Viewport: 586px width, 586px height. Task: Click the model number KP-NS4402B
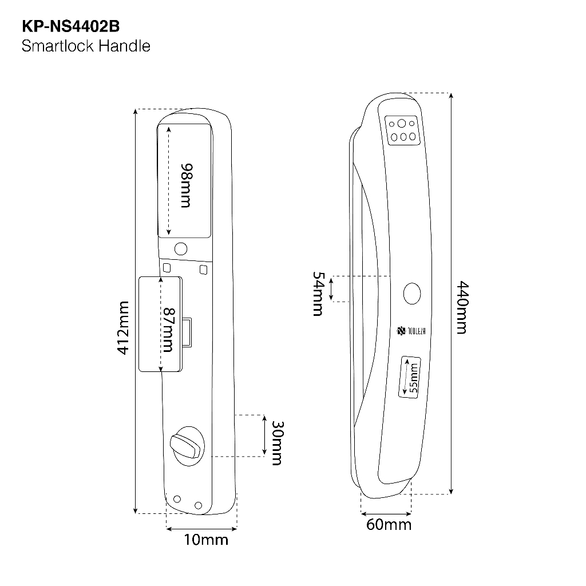point(70,26)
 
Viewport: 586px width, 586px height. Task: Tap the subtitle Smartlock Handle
point(86,46)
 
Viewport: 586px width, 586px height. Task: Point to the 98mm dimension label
point(185,185)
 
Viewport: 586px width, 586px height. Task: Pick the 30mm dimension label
point(276,443)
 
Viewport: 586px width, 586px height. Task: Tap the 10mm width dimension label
point(206,540)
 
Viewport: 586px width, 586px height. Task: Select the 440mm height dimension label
point(461,307)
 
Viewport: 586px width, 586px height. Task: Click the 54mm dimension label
point(318,294)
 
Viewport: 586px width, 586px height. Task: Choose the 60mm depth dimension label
point(389,524)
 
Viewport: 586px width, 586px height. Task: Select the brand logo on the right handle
point(409,330)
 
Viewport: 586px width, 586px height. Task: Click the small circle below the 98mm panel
point(181,249)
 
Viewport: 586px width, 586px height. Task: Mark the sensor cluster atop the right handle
point(402,130)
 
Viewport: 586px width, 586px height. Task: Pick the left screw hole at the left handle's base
point(177,499)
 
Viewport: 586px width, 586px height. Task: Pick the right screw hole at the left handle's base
point(198,505)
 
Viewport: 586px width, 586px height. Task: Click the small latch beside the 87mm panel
point(188,333)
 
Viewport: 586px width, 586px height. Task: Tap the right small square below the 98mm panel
point(203,268)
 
